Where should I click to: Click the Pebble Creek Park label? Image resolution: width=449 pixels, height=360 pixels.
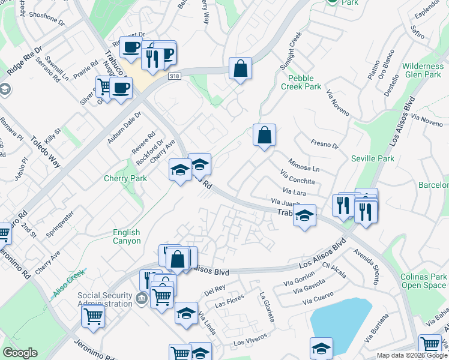304,82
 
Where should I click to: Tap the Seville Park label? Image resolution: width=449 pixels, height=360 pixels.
373,158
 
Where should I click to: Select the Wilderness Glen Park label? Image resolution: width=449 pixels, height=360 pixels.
423,70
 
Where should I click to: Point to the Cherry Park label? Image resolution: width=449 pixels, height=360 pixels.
125,178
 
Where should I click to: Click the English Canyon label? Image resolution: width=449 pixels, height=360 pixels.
127,236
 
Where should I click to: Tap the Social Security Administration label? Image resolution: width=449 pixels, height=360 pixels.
104,299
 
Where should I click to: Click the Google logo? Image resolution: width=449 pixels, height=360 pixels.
20,353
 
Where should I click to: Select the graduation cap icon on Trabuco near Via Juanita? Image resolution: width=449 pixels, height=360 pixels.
305,215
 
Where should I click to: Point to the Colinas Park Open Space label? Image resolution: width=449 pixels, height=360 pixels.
424,281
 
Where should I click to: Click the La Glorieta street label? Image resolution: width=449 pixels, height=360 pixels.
267,306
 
